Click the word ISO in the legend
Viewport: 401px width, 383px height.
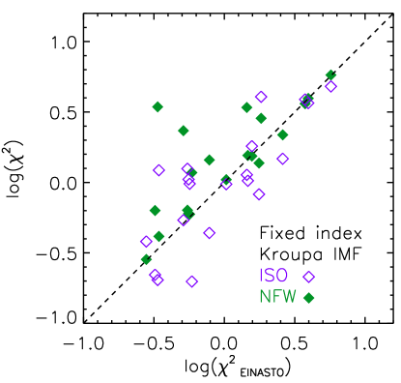tap(273, 277)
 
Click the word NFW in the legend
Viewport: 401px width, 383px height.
tap(277, 297)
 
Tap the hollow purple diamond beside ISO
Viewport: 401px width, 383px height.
tap(309, 278)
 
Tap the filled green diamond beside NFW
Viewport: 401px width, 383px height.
tap(309, 298)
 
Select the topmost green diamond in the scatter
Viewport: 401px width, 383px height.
tap(330, 74)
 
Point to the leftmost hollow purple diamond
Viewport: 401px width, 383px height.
tap(146, 242)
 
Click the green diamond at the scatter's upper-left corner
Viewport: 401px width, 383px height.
tap(158, 107)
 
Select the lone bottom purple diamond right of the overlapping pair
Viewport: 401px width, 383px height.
tap(192, 281)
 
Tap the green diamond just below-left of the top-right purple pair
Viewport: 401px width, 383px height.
tap(282, 135)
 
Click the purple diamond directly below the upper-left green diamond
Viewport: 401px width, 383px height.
tap(158, 170)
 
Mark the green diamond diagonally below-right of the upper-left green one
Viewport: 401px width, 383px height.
tap(184, 131)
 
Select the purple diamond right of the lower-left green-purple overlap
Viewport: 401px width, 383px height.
tap(209, 233)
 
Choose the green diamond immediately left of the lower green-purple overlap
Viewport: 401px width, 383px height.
tap(155, 210)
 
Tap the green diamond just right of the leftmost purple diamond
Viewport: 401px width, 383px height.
tap(158, 237)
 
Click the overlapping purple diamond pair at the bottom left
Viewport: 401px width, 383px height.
tap(156, 278)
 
